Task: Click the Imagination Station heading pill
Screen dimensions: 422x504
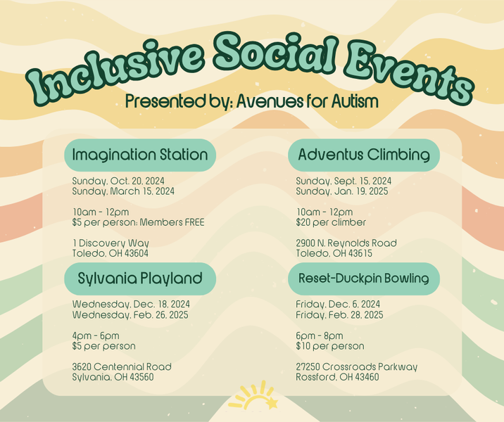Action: pyautogui.click(x=140, y=155)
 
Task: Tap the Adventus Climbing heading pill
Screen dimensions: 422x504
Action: pyautogui.click(x=364, y=155)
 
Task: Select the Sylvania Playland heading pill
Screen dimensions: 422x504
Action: pyautogui.click(x=140, y=279)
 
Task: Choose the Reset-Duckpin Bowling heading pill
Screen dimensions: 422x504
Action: pyautogui.click(x=364, y=279)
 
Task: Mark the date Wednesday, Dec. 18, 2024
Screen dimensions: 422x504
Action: pyautogui.click(x=131, y=305)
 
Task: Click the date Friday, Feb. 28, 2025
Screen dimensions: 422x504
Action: pyautogui.click(x=339, y=315)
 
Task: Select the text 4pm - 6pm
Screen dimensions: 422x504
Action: pyautogui.click(x=96, y=335)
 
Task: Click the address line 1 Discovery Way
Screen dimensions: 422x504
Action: pyautogui.click(x=111, y=243)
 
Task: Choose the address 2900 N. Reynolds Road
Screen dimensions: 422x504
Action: pyautogui.click(x=346, y=243)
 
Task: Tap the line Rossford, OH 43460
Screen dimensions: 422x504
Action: pyautogui.click(x=337, y=377)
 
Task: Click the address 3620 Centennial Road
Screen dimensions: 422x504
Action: pyautogui.click(x=122, y=367)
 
